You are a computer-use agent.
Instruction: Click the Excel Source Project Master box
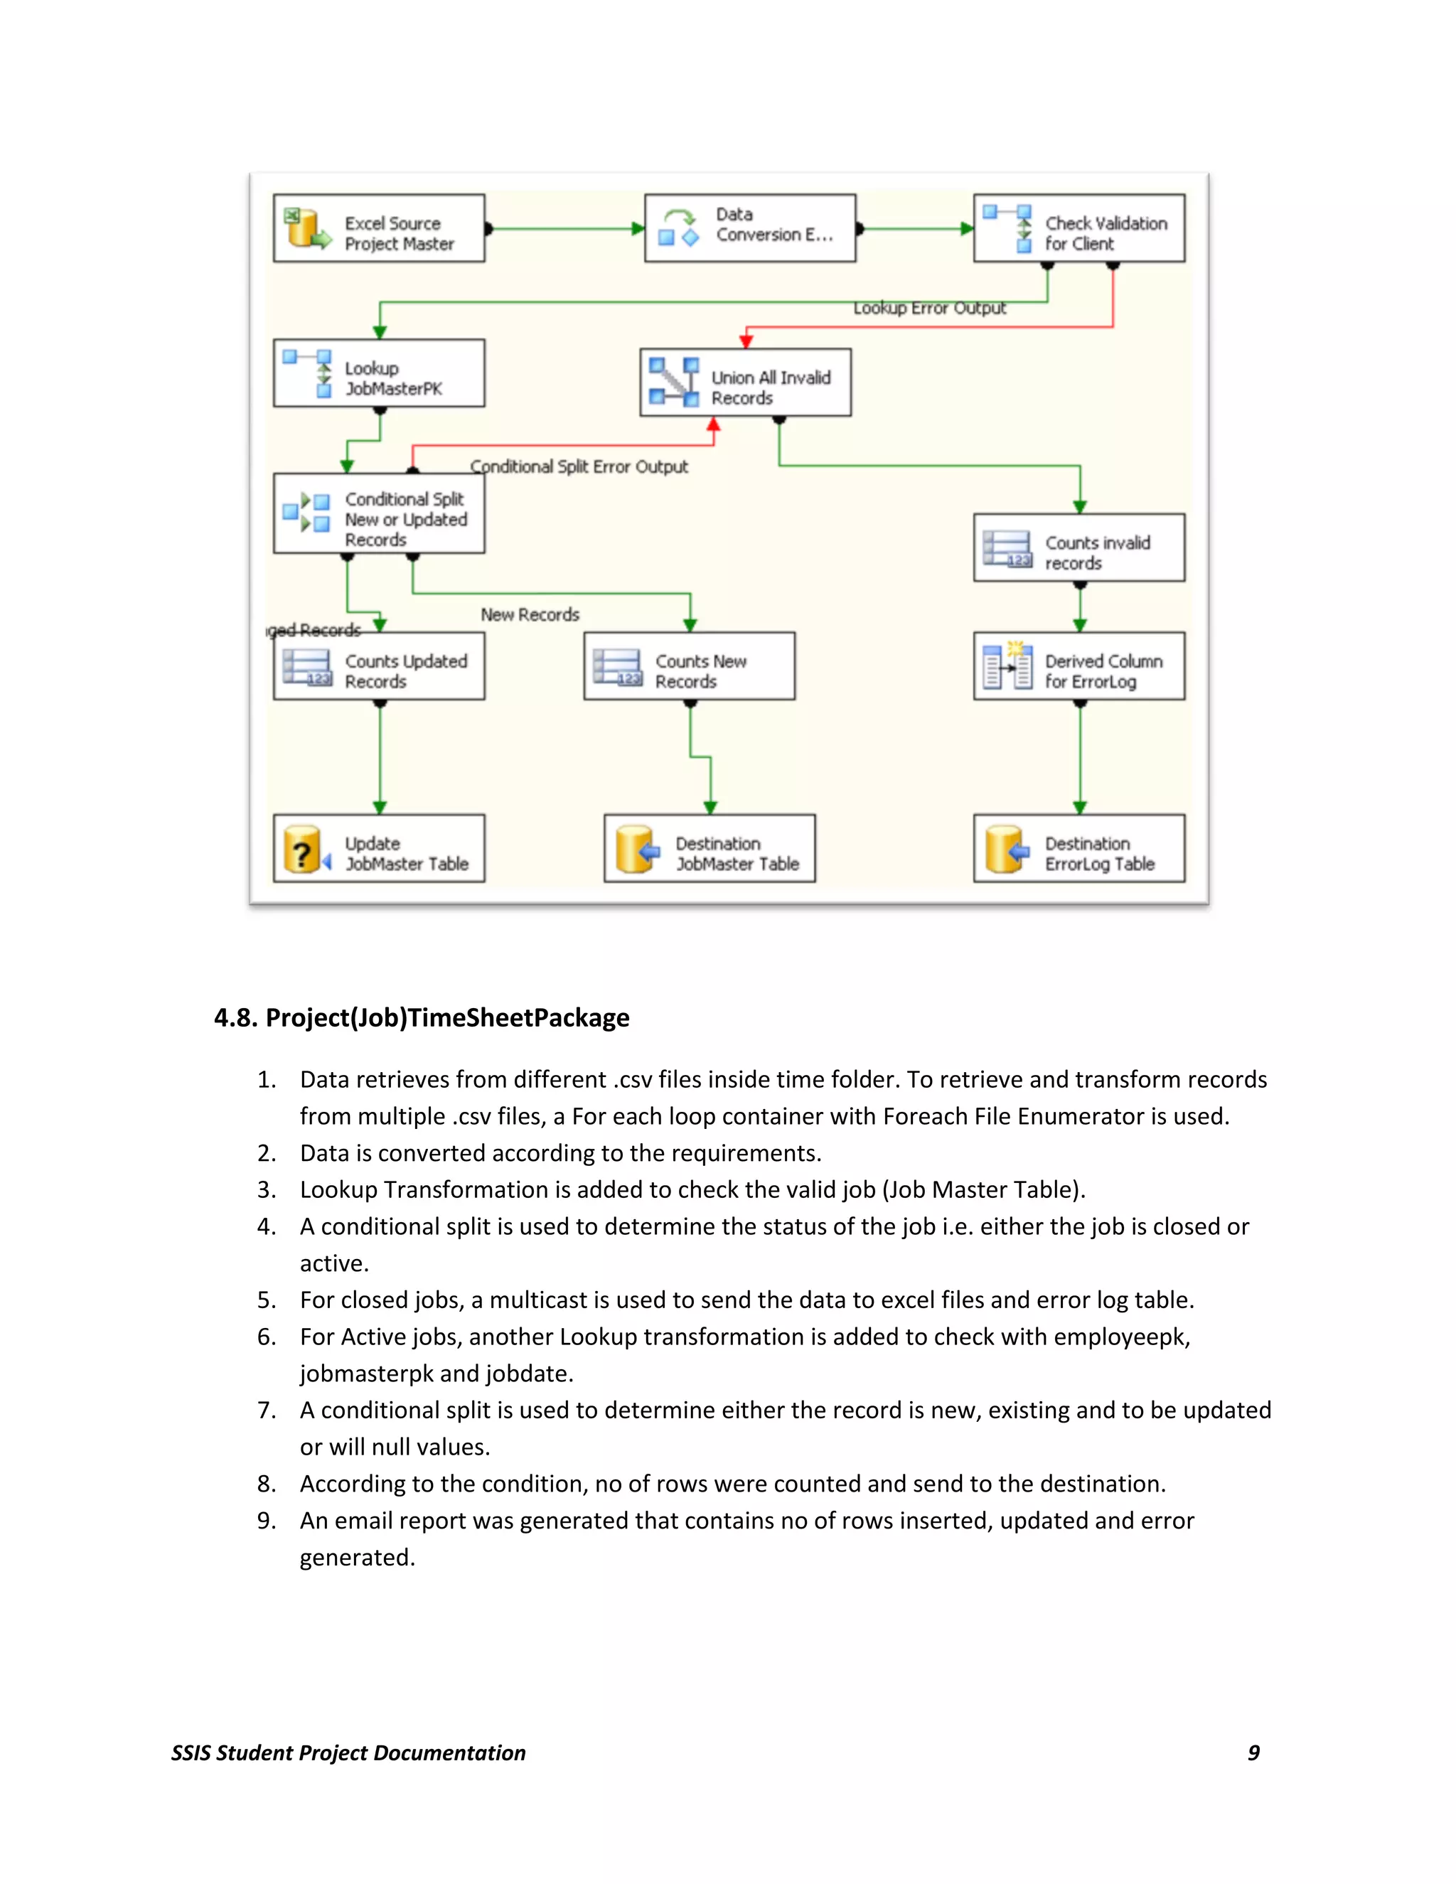379,229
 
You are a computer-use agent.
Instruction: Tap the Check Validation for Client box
1078,229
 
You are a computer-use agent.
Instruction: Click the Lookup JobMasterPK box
379,373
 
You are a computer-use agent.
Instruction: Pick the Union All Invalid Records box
745,383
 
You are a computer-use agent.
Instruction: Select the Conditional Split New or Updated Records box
379,514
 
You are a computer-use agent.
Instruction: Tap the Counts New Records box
688,667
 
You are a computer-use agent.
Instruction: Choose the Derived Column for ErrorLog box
1078,667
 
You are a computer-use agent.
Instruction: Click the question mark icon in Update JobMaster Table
301,850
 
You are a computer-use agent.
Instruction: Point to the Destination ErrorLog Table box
1078,849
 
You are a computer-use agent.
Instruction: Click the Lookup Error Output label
929,308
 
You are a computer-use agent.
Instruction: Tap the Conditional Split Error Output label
579,466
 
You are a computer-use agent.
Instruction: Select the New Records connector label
530,615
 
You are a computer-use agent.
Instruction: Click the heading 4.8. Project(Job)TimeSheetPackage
422,1018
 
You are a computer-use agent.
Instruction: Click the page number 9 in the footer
1253,1753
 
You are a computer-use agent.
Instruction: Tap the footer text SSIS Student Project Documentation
348,1753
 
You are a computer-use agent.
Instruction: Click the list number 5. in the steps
267,1300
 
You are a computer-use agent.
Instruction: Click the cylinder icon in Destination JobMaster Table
635,850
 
